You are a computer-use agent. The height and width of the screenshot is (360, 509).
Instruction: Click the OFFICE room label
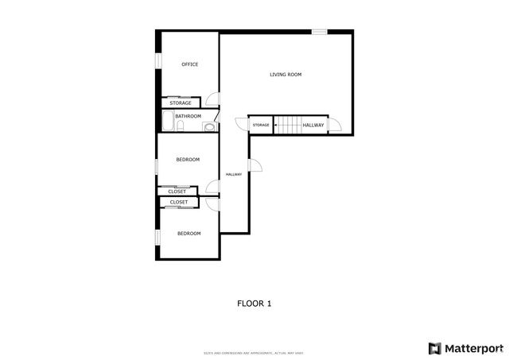[x=189, y=64]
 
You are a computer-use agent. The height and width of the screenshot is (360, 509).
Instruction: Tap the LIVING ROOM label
[x=286, y=75]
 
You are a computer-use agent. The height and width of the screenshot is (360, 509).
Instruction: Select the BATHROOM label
[x=188, y=117]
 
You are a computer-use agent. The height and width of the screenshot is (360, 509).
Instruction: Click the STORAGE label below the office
[x=181, y=103]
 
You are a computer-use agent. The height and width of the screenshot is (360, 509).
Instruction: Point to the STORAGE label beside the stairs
[x=261, y=126]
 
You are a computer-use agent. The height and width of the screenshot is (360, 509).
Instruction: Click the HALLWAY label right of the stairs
[x=313, y=125]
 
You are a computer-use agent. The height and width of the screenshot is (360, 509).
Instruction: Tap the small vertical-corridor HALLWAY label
[x=234, y=175]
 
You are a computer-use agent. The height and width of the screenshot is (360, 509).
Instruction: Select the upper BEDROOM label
[x=188, y=160]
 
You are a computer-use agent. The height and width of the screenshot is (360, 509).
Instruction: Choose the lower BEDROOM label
[x=188, y=234]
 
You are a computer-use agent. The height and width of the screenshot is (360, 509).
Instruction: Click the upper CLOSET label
[x=177, y=192]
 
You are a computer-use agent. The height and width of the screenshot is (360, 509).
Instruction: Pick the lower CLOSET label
[x=179, y=203]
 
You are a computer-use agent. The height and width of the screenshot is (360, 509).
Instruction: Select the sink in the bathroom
[x=209, y=126]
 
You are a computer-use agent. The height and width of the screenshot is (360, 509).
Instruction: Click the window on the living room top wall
[x=319, y=32]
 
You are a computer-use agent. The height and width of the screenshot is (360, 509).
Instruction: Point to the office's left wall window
[x=158, y=61]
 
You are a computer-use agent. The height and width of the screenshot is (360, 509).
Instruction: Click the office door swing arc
[x=212, y=99]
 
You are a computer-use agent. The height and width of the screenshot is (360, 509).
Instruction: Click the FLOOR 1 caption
[x=254, y=303]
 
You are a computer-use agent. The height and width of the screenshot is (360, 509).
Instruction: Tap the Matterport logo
[x=465, y=348]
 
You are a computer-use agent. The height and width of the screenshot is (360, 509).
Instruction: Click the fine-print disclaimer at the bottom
[x=254, y=353]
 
